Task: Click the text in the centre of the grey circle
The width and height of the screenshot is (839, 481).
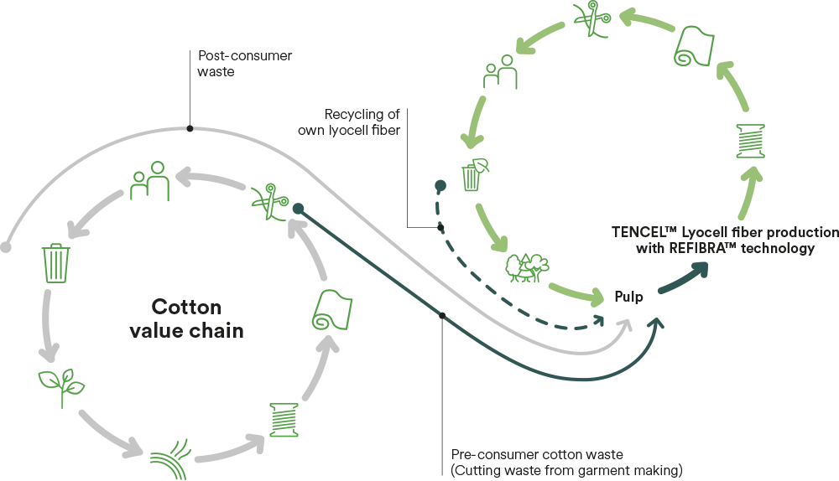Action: click(187, 318)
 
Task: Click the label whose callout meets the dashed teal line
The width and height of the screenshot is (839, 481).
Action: click(352, 122)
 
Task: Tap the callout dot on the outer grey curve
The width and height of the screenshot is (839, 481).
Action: click(190, 128)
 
